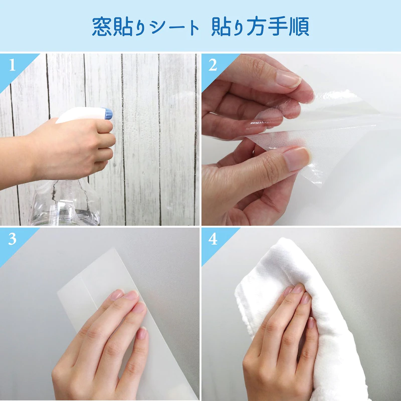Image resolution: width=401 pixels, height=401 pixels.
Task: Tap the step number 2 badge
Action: (x=213, y=65)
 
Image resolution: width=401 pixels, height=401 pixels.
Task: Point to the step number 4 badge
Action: (x=213, y=239)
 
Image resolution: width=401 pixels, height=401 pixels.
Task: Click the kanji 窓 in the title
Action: (x=102, y=26)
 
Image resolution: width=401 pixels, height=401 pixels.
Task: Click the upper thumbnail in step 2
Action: (x=289, y=79)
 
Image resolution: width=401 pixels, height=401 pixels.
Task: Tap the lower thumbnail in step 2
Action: (x=295, y=159)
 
